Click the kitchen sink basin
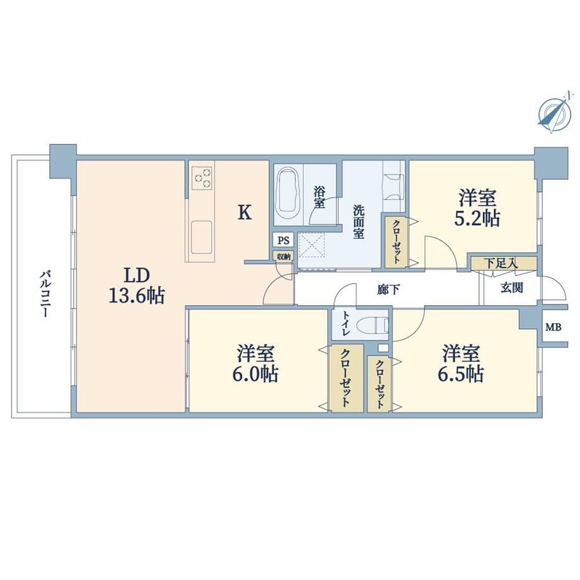pos(202,237)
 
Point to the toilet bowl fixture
pos(377,325)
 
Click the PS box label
pos(283,240)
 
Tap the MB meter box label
pos(554,327)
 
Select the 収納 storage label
pos(284,257)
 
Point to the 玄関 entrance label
pos(513,287)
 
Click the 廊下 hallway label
pos(388,290)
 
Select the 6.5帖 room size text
pos(461,374)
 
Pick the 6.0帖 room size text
pos(255,374)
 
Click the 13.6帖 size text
pos(137,296)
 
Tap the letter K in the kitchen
pos(245,212)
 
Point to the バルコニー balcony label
pos(45,294)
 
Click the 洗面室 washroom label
pos(359,222)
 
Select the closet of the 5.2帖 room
pos(396,242)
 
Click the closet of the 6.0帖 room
pos(346,378)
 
